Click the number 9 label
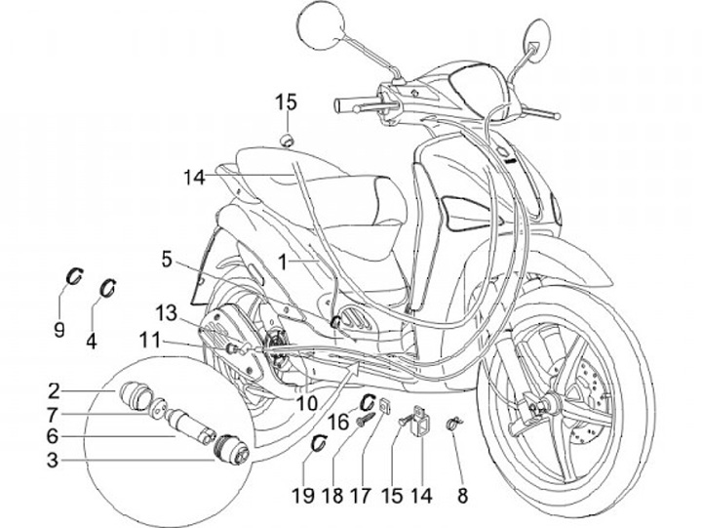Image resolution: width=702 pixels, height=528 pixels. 58,330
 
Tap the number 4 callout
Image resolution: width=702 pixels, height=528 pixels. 92,342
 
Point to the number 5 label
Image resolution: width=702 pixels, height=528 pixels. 167,260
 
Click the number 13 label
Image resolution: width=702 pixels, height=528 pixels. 167,311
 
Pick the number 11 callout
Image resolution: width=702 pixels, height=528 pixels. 148,342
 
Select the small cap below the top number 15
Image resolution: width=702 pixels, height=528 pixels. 288,140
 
